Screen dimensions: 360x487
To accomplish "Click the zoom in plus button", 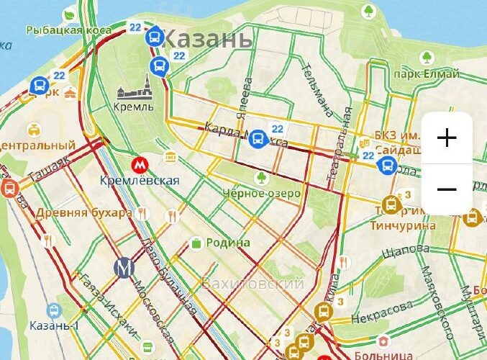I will click(447, 138).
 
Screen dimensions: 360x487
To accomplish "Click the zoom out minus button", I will click(447, 189).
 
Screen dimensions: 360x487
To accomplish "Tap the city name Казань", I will click(208, 38).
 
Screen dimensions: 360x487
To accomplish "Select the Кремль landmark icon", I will click(134, 91).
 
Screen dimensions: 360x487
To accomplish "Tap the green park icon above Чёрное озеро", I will click(260, 176).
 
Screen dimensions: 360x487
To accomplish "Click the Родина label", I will click(228, 243).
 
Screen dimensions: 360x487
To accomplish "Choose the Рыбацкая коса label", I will click(68, 30).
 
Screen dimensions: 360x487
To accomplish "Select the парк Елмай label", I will click(427, 73).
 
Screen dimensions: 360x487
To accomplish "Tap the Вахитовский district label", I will click(252, 284).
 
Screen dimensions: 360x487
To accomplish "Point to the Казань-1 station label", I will click(55, 325).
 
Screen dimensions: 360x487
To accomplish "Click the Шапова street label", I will click(406, 249).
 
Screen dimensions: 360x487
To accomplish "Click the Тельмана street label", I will click(317, 91).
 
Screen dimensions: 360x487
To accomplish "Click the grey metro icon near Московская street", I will click(124, 267).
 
